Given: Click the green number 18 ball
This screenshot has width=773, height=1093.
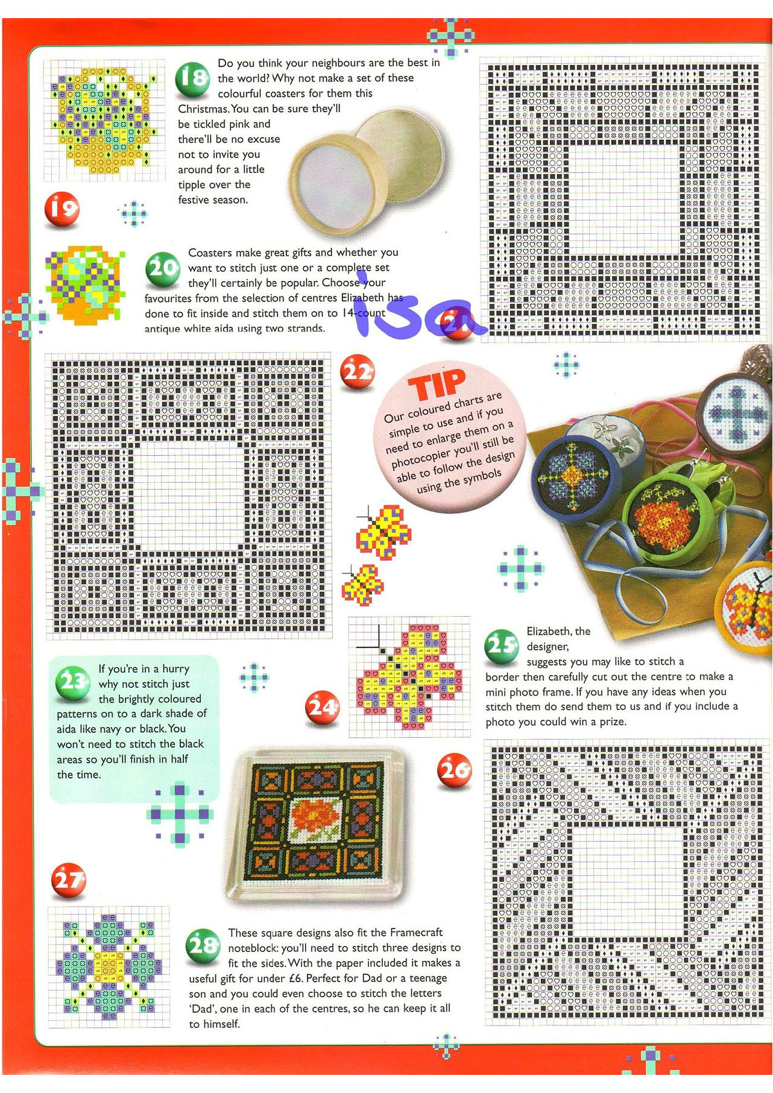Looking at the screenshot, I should (x=192, y=80).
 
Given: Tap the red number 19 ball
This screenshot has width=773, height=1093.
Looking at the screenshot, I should (x=62, y=210).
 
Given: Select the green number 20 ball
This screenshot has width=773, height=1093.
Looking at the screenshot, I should (x=163, y=269).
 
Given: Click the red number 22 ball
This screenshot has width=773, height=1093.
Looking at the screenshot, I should (x=358, y=372).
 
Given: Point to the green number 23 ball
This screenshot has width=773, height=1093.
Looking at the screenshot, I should (x=73, y=684).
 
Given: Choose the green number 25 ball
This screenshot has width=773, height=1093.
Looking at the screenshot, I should (x=502, y=646).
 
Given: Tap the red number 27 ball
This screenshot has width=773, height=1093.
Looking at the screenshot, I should (x=68, y=880).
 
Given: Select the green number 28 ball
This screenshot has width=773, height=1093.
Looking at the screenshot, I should (x=203, y=945).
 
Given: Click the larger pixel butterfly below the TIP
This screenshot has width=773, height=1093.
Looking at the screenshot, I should (x=384, y=532).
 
